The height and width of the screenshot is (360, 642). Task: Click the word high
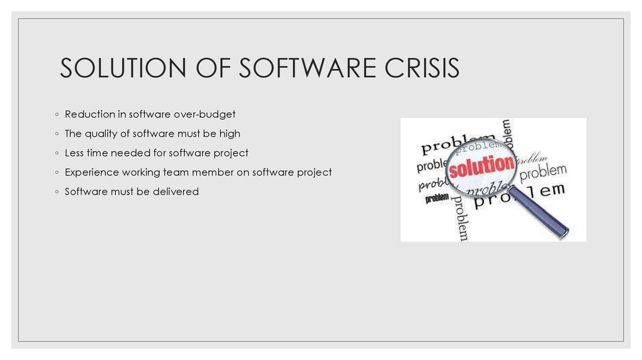(229, 134)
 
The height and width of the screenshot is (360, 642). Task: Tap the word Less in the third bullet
(75, 153)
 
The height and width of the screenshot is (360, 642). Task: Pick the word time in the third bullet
(98, 153)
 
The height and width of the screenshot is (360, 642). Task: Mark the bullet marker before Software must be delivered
(56, 192)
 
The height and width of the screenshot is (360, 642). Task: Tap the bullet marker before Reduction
(56, 115)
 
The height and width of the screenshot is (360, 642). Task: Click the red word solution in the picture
(481, 166)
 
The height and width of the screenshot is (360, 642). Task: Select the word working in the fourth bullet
(144, 172)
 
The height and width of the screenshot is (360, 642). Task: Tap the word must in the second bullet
(189, 134)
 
